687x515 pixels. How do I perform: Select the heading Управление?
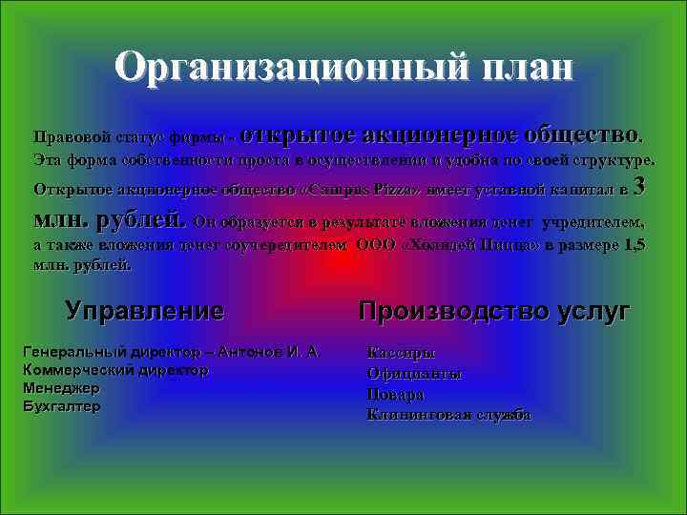coord(144,310)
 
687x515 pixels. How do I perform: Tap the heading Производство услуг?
coord(494,310)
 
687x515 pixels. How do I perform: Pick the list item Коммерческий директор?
coord(115,370)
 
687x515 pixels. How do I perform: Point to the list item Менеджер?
coord(61,388)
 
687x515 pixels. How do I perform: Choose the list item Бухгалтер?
coord(61,406)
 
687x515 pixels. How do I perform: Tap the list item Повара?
coord(396,394)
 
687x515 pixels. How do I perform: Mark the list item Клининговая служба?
coord(448,415)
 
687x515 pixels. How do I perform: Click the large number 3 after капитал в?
coord(640,187)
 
